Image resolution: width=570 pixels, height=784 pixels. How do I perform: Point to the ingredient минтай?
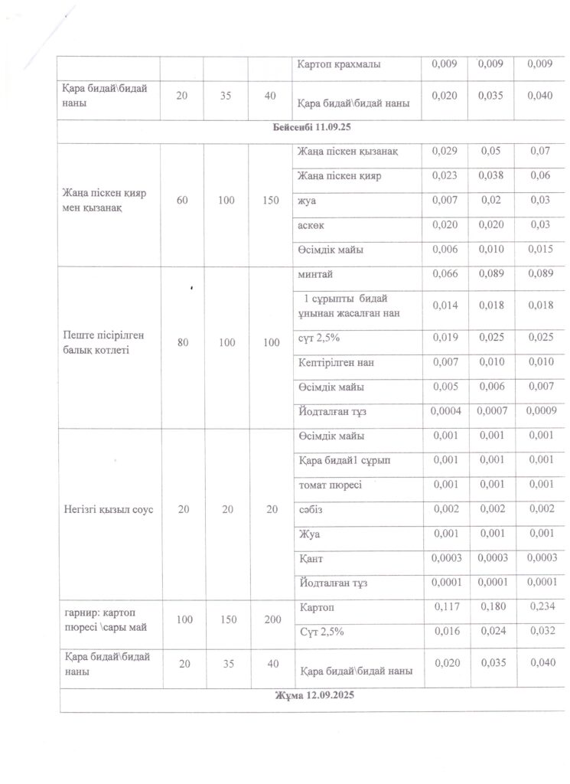[315, 273]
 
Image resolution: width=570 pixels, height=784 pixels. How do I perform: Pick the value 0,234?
[539, 607]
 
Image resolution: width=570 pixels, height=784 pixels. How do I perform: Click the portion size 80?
[182, 343]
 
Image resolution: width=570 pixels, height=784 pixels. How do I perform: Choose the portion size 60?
[182, 201]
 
